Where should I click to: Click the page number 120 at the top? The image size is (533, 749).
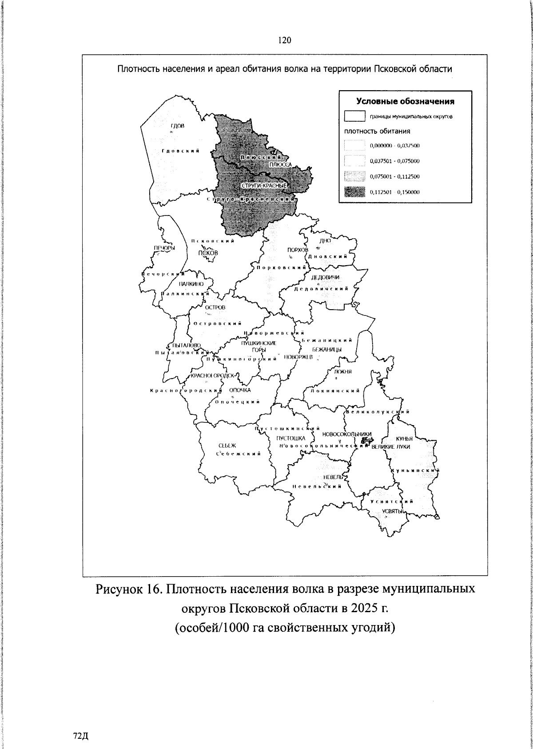click(x=284, y=40)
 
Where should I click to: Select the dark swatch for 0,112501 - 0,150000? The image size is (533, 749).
click(x=354, y=192)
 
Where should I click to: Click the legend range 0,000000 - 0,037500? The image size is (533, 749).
click(x=395, y=146)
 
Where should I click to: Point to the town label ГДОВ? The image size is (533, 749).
click(x=177, y=126)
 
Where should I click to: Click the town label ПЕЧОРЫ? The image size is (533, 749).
click(x=164, y=248)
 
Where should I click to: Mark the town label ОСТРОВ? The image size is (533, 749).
click(x=215, y=307)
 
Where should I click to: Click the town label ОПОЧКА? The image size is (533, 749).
click(x=240, y=390)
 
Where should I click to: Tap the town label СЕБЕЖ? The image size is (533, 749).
click(x=227, y=446)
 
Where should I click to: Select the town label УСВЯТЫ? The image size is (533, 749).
click(x=392, y=511)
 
